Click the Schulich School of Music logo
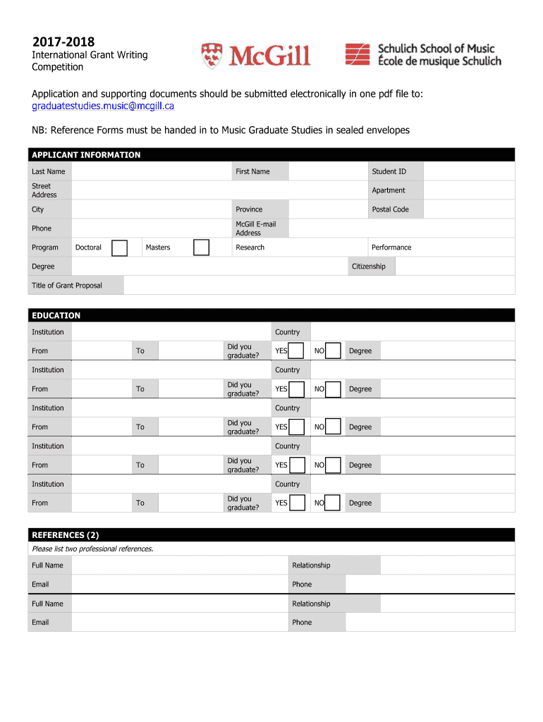pos(422,54)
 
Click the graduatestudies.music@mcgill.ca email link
pos(103,106)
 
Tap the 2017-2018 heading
pos(63,42)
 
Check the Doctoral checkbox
pos(119,247)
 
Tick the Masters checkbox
pos(201,247)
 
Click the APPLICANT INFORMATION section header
pos(86,155)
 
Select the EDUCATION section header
pos(56,316)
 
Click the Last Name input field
pos(152,171)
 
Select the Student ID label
pos(389,171)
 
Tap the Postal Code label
pos(390,209)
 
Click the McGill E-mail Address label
pos(255,228)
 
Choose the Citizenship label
pos(368,267)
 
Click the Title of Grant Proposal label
pos(67,286)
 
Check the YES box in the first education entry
pos(297,351)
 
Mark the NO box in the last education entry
pos(334,503)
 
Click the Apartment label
pos(389,190)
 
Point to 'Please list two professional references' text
pos(92,549)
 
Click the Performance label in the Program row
pos(391,247)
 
